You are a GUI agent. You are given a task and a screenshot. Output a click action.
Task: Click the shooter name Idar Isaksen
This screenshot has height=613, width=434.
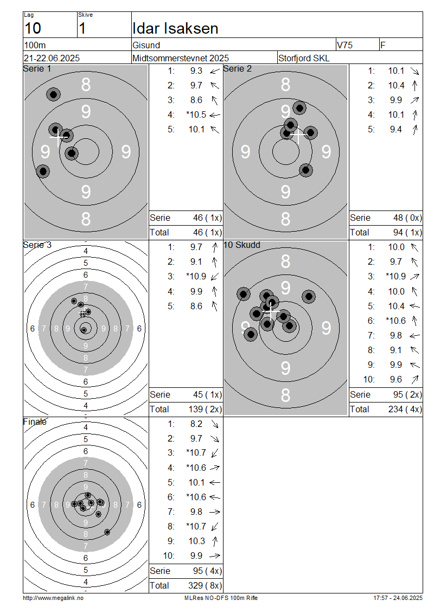[x=175, y=29]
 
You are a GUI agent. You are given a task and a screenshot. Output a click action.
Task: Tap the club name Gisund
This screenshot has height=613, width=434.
[x=146, y=45]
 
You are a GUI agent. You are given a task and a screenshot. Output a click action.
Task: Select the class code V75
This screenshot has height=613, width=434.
[x=344, y=45]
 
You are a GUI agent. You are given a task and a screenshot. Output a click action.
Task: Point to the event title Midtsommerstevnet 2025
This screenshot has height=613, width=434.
[x=181, y=58]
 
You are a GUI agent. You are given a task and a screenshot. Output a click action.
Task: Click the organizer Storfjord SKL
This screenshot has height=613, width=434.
[x=304, y=58]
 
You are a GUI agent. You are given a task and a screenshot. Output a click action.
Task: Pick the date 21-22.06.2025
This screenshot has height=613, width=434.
[x=52, y=58]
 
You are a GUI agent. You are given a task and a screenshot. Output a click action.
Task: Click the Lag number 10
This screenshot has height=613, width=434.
[x=33, y=29]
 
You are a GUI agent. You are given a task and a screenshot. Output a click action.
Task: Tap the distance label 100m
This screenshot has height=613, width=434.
[x=35, y=45]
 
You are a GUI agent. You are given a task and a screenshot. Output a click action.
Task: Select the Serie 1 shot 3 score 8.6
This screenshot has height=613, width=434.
[x=196, y=100]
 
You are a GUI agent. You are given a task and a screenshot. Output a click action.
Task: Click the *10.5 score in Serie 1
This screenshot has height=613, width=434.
[x=196, y=114]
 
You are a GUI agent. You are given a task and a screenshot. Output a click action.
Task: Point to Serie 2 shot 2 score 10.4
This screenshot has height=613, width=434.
[x=396, y=85]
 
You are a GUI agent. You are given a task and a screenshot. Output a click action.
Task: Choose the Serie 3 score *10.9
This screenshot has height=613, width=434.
[x=196, y=277]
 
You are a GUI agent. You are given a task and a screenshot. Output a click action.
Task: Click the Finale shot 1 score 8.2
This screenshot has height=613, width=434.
[x=196, y=424]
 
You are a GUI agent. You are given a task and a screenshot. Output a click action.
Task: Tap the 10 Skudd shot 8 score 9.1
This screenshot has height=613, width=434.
[x=395, y=350]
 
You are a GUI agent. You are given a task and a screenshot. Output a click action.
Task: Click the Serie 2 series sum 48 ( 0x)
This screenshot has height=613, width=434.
[x=407, y=218]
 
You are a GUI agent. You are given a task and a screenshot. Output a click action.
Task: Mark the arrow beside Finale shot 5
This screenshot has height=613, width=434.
[x=215, y=483]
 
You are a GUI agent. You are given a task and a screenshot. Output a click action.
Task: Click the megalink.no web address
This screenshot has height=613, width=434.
[x=53, y=598]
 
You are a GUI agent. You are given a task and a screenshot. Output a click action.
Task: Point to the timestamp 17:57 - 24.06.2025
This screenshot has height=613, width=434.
[x=398, y=598]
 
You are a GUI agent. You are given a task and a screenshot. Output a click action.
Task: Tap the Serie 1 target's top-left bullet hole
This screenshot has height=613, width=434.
[x=54, y=94]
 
